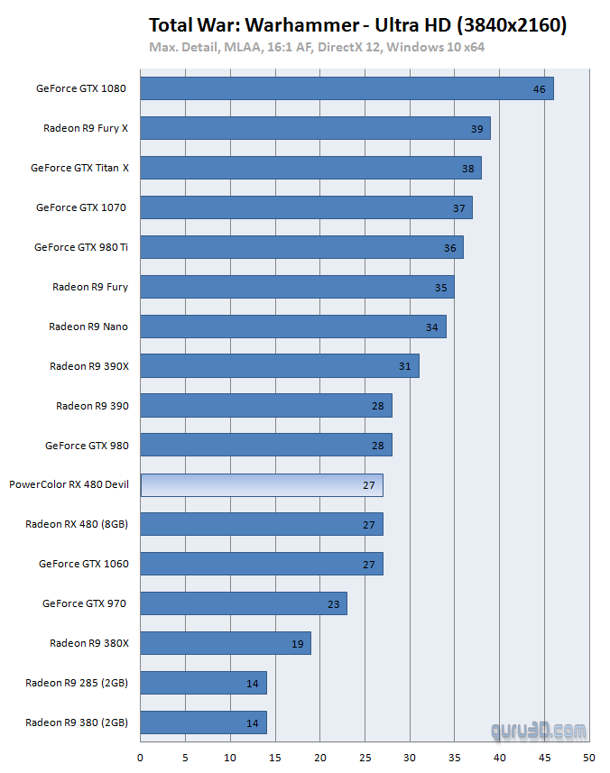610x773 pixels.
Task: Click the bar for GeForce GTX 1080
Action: pyautogui.click(x=347, y=88)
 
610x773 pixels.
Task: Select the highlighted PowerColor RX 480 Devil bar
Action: pyautogui.click(x=262, y=485)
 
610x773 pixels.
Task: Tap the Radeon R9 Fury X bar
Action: pyautogui.click(x=315, y=128)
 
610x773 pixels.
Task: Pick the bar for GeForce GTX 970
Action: pyautogui.click(x=244, y=603)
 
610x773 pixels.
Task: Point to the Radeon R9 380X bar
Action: pyautogui.click(x=226, y=643)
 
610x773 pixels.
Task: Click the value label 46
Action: pyautogui.click(x=540, y=89)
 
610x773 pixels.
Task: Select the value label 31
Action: pyautogui.click(x=404, y=366)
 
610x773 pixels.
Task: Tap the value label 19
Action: pyautogui.click(x=297, y=644)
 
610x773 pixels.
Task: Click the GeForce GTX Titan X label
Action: pyautogui.click(x=79, y=168)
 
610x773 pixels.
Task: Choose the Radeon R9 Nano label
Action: pyautogui.click(x=88, y=327)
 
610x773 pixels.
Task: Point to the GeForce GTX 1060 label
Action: pyautogui.click(x=84, y=564)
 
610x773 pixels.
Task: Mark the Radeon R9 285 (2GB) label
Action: pyautogui.click(x=77, y=683)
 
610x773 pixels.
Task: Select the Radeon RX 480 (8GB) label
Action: pyautogui.click(x=77, y=524)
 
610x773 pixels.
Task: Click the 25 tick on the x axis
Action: pyautogui.click(x=365, y=758)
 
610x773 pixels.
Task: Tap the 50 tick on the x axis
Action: pyautogui.click(x=589, y=758)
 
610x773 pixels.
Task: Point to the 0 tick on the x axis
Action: pyautogui.click(x=141, y=758)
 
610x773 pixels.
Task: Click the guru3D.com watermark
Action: pyautogui.click(x=540, y=730)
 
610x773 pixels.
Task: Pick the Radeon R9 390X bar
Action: pyautogui.click(x=280, y=366)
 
